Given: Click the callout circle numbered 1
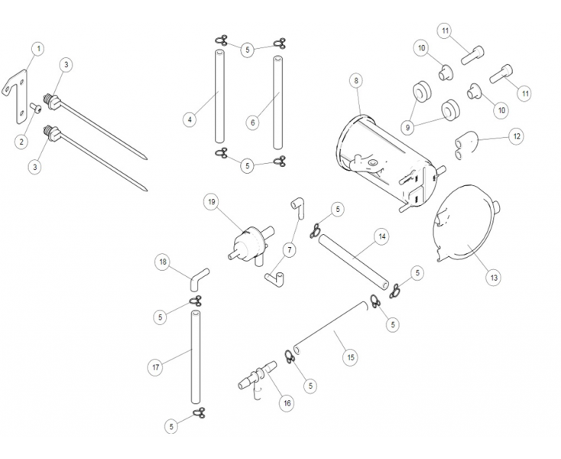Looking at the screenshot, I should pos(38,48).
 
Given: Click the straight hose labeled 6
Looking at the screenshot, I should pos(278,99).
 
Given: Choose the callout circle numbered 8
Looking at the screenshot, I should pos(355,80).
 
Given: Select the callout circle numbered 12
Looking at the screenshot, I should pos(517,137).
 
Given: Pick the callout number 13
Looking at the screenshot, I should pos(495,277).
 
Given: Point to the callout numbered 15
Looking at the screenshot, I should pos(351,356).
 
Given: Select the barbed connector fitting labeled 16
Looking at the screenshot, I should pos(258,376).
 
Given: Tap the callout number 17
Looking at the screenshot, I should pos(155,367).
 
